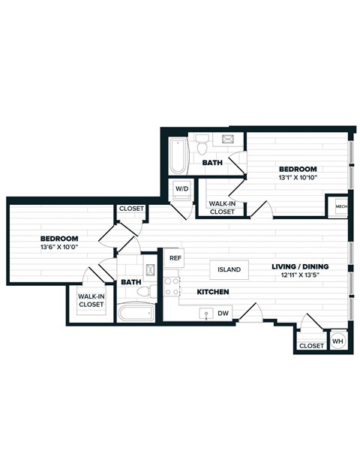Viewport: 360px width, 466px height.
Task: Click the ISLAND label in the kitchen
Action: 229,269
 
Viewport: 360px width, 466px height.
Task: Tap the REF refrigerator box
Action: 175,258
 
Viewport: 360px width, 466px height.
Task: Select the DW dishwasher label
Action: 223,313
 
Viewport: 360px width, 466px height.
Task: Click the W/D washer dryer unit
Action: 181,189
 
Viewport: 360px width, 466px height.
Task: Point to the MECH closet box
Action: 340,206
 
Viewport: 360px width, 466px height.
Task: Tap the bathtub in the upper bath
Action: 178,155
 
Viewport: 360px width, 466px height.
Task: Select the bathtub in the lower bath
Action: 136,312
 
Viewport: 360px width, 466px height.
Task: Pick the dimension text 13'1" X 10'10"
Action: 298,178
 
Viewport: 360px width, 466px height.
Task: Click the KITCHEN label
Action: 212,291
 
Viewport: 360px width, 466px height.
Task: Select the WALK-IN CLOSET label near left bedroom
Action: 91,300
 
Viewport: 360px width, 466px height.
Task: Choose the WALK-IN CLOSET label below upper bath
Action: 222,207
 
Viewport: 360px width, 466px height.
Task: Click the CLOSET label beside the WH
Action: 311,345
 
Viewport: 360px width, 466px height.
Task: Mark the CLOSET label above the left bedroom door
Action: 131,209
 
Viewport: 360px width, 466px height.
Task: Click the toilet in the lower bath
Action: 152,290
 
